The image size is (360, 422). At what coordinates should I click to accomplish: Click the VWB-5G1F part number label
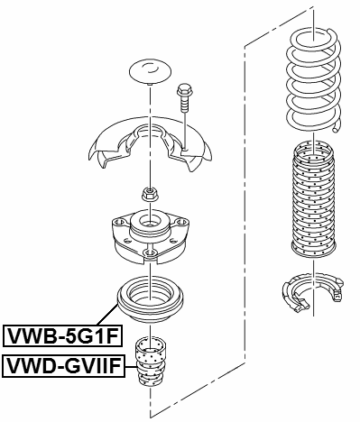62,337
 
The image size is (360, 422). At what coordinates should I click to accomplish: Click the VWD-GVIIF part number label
62,365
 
